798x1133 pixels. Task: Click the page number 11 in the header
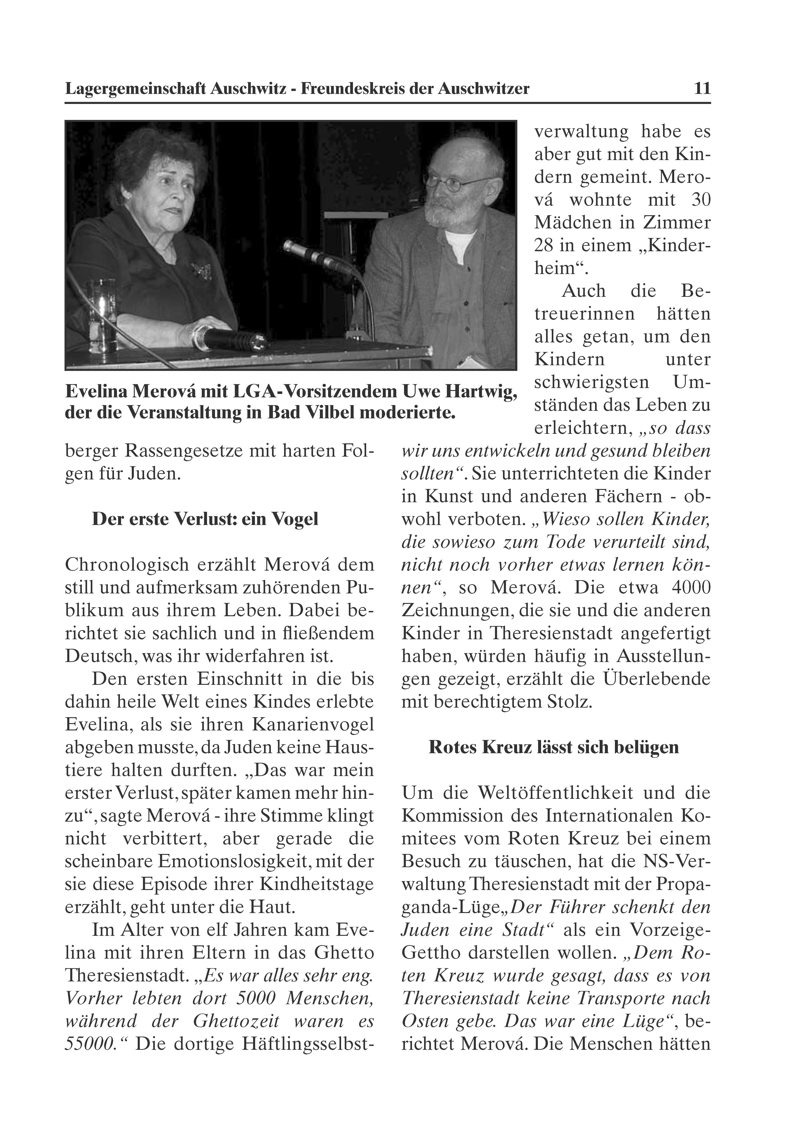[702, 89]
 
